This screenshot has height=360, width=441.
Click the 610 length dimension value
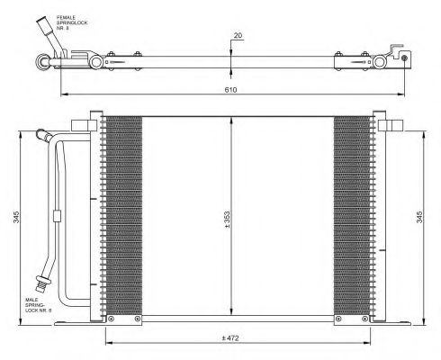click(230, 90)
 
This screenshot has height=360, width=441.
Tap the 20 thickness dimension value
click(238, 35)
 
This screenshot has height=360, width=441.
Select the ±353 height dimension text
click(227, 220)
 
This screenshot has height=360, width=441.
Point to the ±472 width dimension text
click(230, 338)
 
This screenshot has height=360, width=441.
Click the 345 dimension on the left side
click(16, 217)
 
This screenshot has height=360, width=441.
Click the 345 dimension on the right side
click(419, 217)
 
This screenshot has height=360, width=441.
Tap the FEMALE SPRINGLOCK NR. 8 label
click(72, 22)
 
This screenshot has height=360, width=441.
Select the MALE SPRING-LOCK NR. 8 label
click(39, 305)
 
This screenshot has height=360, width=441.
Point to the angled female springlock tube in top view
click(50, 36)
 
